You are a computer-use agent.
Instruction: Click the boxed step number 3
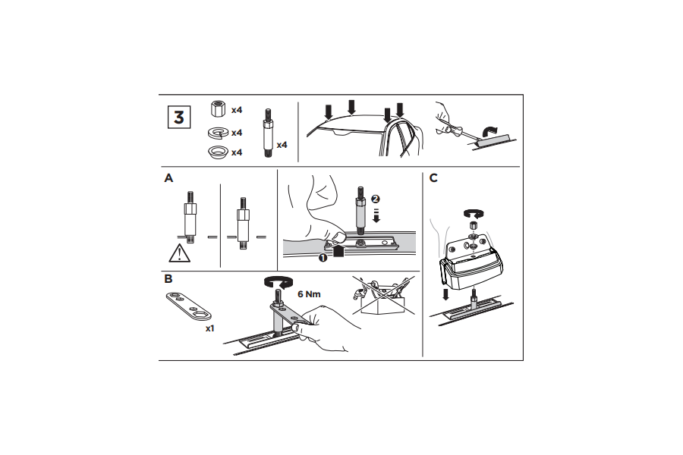click(x=179, y=117)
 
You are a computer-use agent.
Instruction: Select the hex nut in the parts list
click(x=218, y=109)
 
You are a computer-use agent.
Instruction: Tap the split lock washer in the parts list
click(x=219, y=133)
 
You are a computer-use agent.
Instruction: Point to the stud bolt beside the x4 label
click(x=268, y=133)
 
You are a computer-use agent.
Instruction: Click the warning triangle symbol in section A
click(x=179, y=253)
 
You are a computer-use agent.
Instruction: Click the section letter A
click(x=168, y=178)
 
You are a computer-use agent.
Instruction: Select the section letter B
click(x=168, y=278)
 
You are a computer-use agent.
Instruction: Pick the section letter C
click(x=433, y=178)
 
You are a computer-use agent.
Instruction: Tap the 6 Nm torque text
click(x=309, y=294)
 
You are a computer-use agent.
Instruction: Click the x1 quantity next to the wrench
click(x=210, y=328)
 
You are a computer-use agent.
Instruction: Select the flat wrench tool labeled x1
click(x=189, y=306)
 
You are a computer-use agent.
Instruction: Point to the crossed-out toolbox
click(x=383, y=295)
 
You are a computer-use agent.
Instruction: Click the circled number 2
click(x=376, y=199)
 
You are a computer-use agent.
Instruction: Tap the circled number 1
click(x=323, y=258)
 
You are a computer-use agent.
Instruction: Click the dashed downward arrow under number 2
click(x=376, y=215)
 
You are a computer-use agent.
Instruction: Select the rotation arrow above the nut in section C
click(x=474, y=212)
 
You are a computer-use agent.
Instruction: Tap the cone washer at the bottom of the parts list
click(x=219, y=152)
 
